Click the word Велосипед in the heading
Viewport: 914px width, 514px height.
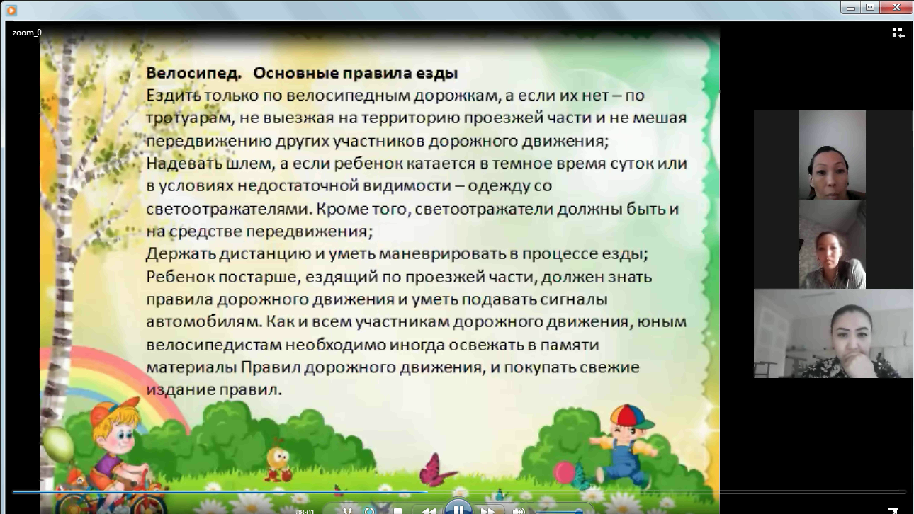193,74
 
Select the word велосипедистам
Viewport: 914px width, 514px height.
214,345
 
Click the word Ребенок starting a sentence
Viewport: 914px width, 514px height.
180,277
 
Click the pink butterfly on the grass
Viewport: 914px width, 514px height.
436,470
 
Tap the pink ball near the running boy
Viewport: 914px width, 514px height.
564,473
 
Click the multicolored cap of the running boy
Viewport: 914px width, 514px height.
630,416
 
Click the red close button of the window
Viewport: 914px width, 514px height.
896,7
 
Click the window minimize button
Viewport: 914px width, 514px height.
851,8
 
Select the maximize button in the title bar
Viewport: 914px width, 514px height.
870,7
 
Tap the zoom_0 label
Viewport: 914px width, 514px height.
27,33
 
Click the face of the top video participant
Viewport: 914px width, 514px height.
829,171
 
